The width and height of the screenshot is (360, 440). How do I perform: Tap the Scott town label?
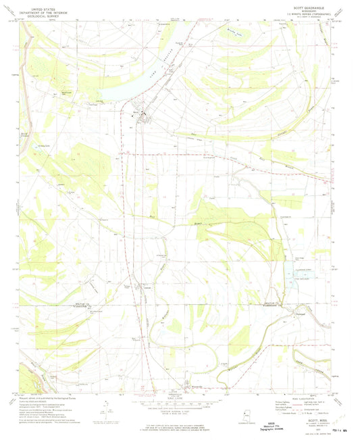point(136,112)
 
